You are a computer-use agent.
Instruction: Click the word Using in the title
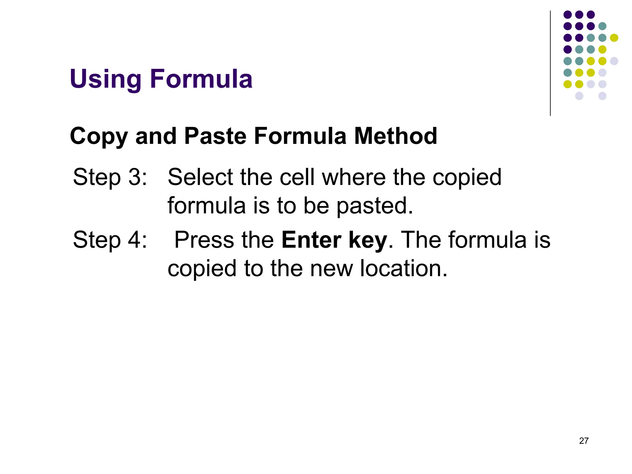(x=106, y=79)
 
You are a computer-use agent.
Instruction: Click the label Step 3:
(x=110, y=177)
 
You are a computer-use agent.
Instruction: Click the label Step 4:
(x=110, y=240)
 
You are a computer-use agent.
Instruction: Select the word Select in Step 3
(x=200, y=177)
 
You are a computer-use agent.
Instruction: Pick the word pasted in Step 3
(x=375, y=206)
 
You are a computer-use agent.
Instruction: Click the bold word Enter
(x=311, y=240)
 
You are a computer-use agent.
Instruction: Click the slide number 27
(x=584, y=441)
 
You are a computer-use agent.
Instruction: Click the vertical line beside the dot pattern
(x=550, y=63)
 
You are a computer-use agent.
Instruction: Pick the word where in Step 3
(x=354, y=177)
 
